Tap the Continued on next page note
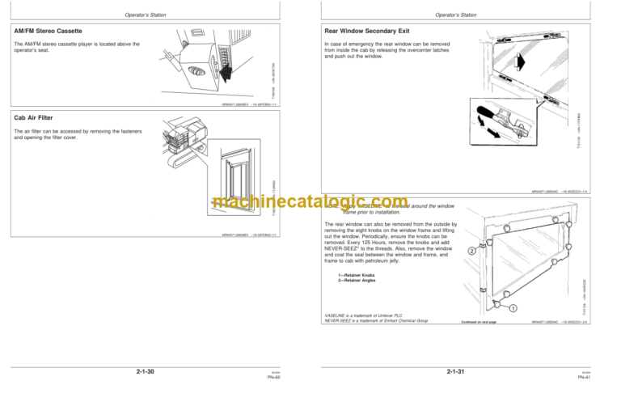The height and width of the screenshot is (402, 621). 476,321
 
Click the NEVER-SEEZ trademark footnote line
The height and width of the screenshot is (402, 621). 377,321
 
